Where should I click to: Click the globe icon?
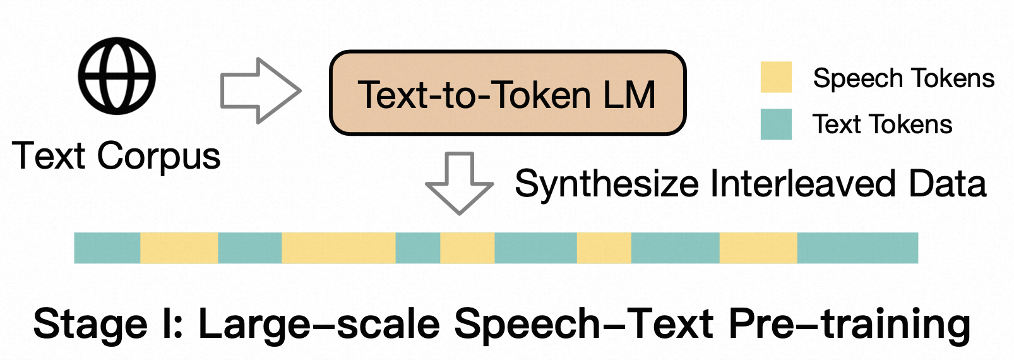[117, 76]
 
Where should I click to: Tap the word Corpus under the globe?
[158, 156]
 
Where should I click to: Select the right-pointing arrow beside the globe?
[259, 91]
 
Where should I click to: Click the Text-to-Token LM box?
[507, 93]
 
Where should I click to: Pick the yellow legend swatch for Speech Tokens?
[776, 77]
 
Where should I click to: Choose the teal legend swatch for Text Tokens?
[776, 124]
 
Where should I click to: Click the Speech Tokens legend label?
[904, 78]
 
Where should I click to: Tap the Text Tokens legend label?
[882, 124]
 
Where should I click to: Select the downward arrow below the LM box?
[460, 183]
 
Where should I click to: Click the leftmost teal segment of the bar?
[107, 248]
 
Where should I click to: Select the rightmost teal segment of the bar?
[857, 248]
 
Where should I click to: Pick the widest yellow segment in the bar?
[338, 248]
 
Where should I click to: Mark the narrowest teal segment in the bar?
[418, 248]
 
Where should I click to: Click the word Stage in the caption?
[90, 324]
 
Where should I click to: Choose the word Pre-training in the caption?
[849, 324]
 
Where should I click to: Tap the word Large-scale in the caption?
[319, 324]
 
